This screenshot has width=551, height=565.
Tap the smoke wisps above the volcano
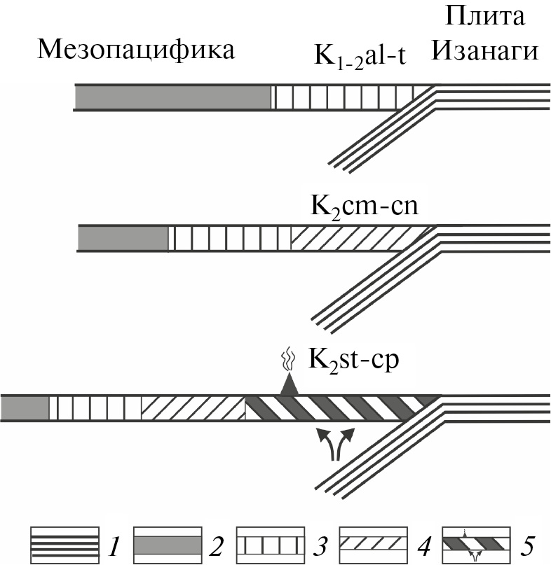click(x=286, y=363)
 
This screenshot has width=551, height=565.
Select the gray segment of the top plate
click(x=172, y=98)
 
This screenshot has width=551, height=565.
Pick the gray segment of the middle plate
click(x=123, y=238)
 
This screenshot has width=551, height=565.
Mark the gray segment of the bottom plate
click(x=25, y=408)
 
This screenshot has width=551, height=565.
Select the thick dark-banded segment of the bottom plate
click(x=336, y=408)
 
